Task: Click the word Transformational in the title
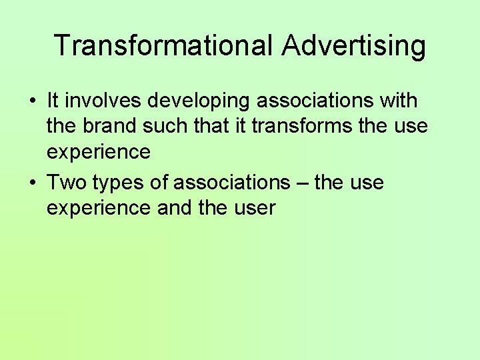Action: coord(163,45)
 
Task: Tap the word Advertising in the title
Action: coord(353,45)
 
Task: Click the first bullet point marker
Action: coord(32,102)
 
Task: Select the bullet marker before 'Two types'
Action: coord(32,183)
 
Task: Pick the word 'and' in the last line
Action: coord(175,208)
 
